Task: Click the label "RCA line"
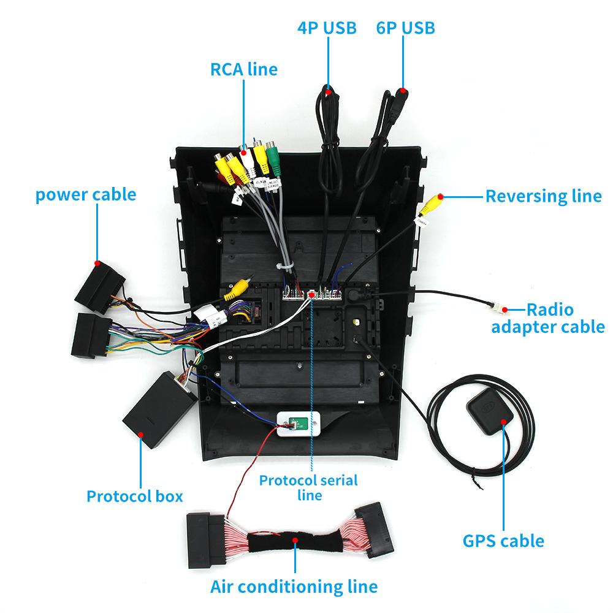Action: coord(244,69)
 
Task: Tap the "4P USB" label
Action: coord(327,28)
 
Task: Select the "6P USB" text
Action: coord(405,28)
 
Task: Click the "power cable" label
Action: coord(86,195)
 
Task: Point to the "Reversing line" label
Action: coord(543,196)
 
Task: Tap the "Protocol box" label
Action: coord(135,495)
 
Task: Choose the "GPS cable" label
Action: coord(503,541)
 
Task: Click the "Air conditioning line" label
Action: coord(294,586)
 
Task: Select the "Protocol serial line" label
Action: coord(308,487)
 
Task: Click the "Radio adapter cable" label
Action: coord(548,318)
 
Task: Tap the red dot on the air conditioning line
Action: coord(295,541)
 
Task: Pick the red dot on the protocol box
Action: coord(142,434)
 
